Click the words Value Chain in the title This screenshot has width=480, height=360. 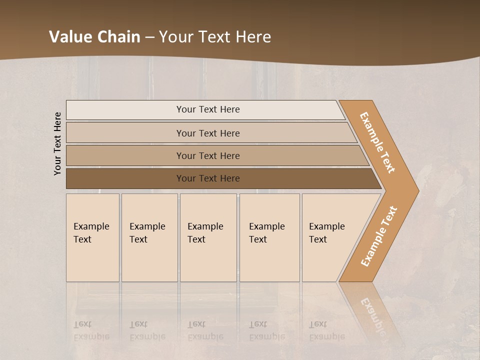click(94, 37)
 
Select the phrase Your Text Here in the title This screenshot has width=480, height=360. click(215, 37)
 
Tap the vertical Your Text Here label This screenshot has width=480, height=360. click(57, 143)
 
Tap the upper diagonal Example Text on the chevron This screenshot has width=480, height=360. click(377, 142)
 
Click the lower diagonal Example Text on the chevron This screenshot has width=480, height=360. click(379, 236)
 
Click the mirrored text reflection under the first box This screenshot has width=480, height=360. click(91, 330)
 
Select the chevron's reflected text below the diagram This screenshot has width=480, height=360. click(372, 315)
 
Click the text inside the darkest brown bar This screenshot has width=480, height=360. click(208, 178)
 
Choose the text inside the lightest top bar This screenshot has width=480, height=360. click(208, 109)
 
